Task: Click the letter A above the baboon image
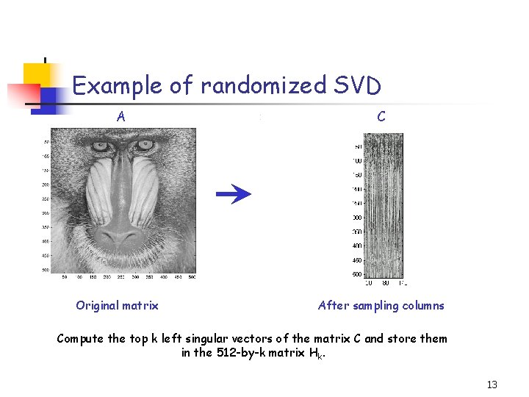pyautogui.click(x=120, y=116)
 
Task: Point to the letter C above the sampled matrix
pyautogui.click(x=381, y=116)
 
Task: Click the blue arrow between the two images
pyautogui.click(x=234, y=193)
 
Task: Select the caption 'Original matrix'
pyautogui.click(x=117, y=305)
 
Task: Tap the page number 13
pyautogui.click(x=492, y=385)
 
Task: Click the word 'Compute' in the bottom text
pyautogui.click(x=82, y=338)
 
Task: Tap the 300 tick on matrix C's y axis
pyautogui.click(x=356, y=218)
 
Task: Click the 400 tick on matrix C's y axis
pyautogui.click(x=356, y=246)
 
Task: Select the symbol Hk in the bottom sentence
pyautogui.click(x=317, y=354)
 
